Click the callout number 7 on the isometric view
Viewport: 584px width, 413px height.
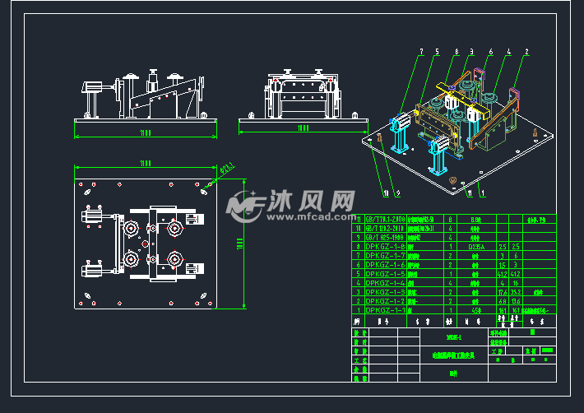420,51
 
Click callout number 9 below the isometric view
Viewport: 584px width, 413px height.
398,194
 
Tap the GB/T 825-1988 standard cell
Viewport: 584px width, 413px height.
384,237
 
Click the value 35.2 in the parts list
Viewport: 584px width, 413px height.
516,291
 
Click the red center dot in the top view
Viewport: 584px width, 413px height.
145,244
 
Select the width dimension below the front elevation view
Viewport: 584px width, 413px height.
146,132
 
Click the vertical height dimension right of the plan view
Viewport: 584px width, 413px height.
238,243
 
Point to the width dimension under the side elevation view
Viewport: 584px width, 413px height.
303,128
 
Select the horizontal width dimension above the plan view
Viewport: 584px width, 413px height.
146,163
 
